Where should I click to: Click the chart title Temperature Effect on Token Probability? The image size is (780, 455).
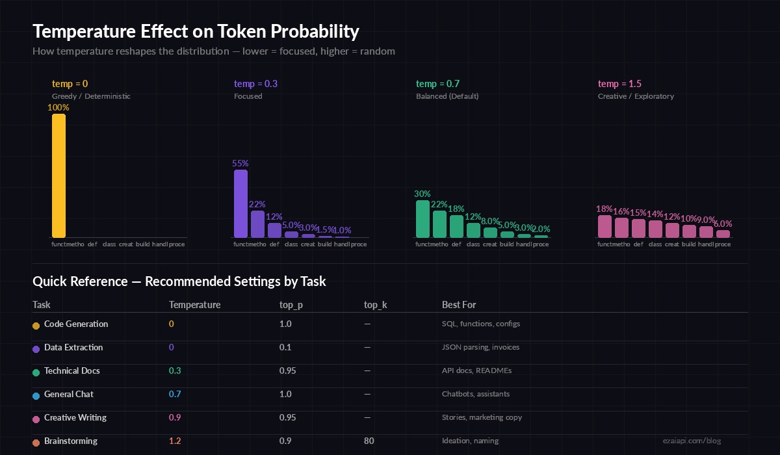[x=196, y=31]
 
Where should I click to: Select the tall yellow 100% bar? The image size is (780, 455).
[x=58, y=175]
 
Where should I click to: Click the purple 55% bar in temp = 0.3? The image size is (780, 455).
[x=240, y=203]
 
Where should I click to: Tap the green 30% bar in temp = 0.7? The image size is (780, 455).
[x=422, y=218]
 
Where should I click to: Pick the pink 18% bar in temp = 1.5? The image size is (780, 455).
[x=604, y=226]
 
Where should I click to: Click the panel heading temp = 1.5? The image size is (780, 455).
[x=619, y=84]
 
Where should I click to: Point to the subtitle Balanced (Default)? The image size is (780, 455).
[x=447, y=96]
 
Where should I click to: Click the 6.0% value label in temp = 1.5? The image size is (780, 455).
[x=723, y=224]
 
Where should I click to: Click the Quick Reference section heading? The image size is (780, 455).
[x=179, y=281]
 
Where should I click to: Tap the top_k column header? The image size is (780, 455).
[x=376, y=305]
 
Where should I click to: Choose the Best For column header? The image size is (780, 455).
[x=459, y=305]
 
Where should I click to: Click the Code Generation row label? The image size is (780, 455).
[x=76, y=324]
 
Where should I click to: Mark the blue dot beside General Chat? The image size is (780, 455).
[x=36, y=395]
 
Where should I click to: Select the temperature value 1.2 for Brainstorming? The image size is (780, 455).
[x=175, y=441]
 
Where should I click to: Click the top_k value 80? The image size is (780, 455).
[x=369, y=441]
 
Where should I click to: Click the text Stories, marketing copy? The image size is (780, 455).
[x=482, y=417]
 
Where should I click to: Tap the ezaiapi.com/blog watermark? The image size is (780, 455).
[x=696, y=441]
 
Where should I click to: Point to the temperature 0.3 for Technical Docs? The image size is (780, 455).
[x=175, y=370]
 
